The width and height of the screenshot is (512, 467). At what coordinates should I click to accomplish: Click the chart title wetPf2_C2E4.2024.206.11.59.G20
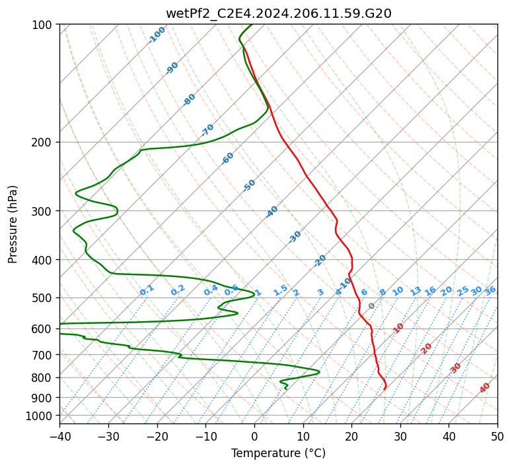coord(278,13)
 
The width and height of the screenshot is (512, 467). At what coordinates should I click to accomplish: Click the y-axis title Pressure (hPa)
coord(13,224)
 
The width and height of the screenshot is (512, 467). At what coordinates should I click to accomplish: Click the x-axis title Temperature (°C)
coord(278,454)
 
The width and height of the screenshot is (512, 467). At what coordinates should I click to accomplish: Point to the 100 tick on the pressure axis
coord(42,25)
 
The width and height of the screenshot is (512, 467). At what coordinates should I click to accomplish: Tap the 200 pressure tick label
coord(42,142)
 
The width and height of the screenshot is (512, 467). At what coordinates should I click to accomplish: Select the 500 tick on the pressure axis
coord(42,297)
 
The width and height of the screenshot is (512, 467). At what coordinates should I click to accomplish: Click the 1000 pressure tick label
coord(40,416)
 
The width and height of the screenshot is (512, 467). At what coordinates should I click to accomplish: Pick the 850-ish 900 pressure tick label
coord(42,397)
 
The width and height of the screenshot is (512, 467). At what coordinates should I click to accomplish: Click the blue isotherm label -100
coord(157,35)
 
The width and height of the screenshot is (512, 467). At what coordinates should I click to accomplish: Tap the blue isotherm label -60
coord(228,158)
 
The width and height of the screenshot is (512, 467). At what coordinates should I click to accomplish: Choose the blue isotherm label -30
coord(295,237)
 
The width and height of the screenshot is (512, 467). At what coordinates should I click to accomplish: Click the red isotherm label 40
coord(485,388)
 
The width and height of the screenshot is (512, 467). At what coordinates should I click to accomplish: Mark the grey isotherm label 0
coord(372,306)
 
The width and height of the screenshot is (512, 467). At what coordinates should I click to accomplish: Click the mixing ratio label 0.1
coord(147,290)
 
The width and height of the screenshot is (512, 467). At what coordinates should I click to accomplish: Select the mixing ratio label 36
coord(490,290)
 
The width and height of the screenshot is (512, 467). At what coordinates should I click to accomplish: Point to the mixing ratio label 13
coord(416,291)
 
